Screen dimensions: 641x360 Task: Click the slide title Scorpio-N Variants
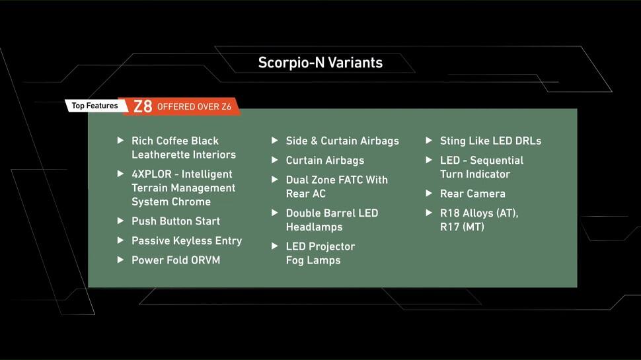click(x=320, y=63)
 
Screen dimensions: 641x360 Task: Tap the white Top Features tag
click(x=95, y=106)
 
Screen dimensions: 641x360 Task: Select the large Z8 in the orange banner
click(x=143, y=106)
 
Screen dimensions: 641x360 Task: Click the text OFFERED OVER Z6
click(x=194, y=106)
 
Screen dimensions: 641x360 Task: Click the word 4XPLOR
click(x=151, y=174)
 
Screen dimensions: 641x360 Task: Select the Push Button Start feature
click(x=176, y=221)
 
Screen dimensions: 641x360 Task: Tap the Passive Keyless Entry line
click(x=187, y=240)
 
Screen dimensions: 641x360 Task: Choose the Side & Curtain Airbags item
click(x=342, y=141)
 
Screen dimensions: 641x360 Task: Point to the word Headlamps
click(x=314, y=227)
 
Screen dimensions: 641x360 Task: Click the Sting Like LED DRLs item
click(x=490, y=141)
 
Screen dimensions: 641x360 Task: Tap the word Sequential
click(x=496, y=161)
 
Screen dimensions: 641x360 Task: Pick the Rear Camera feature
click(x=472, y=194)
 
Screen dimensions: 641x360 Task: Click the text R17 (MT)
click(x=462, y=227)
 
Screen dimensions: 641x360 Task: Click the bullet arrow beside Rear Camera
click(x=429, y=194)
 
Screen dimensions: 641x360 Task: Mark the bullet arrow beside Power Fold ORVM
click(x=120, y=260)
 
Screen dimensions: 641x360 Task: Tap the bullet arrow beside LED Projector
click(x=275, y=246)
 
